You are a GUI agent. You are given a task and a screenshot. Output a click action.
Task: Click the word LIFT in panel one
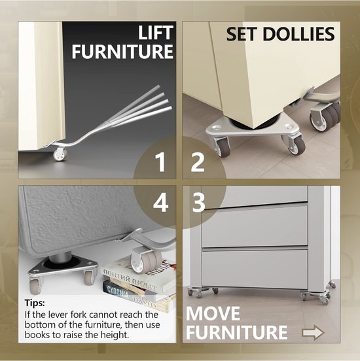156,33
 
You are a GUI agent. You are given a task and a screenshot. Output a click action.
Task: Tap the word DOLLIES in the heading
298,34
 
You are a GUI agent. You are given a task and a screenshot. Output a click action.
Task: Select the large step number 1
160,162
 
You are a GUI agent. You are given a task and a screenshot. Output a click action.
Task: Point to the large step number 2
198,162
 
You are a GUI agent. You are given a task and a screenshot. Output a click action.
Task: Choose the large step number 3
198,203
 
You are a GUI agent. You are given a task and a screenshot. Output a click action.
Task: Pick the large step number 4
160,203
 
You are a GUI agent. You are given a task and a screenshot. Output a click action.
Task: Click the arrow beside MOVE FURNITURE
314,332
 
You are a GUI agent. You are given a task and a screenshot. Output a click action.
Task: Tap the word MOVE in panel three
213,313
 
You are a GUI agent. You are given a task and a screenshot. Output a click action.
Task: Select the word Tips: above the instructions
35,303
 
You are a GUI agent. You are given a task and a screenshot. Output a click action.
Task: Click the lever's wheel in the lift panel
60,154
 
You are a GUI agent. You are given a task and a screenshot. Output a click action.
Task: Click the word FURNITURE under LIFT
122,52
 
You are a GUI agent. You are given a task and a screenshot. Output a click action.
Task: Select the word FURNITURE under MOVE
237,332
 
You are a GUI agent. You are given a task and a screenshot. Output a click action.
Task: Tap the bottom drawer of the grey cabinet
255,269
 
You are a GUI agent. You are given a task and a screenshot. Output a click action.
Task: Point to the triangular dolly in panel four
63,269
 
